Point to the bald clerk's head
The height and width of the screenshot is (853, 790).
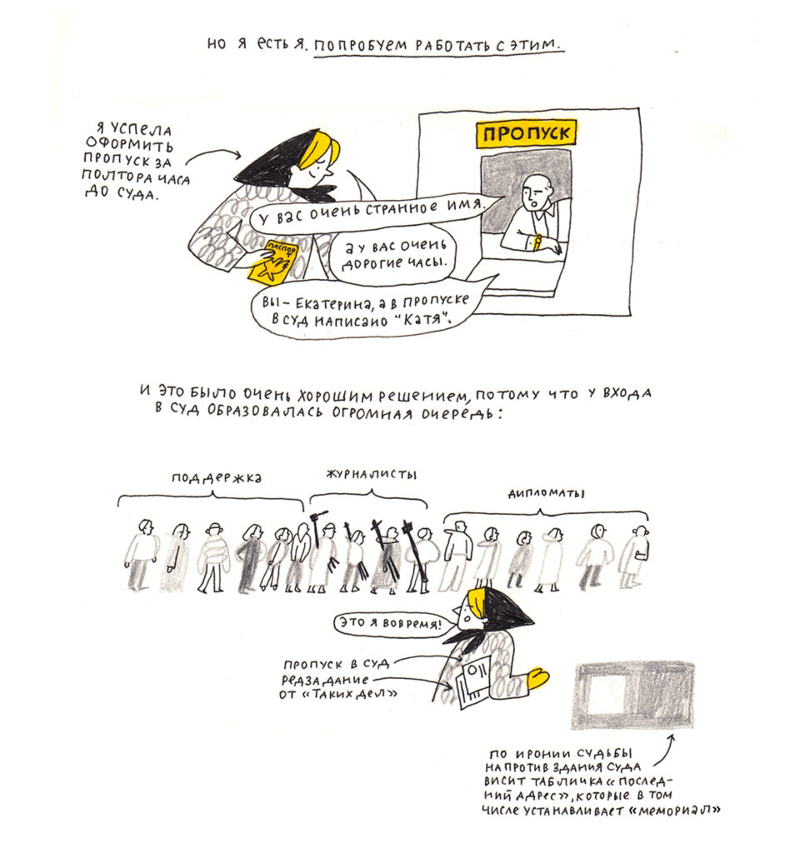534,192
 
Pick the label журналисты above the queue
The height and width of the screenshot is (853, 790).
371,474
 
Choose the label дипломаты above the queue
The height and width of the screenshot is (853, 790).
546,492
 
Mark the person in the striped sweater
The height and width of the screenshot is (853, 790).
216,556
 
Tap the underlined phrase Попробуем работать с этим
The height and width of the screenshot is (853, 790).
438,45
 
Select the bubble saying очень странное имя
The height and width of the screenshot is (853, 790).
367,212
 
